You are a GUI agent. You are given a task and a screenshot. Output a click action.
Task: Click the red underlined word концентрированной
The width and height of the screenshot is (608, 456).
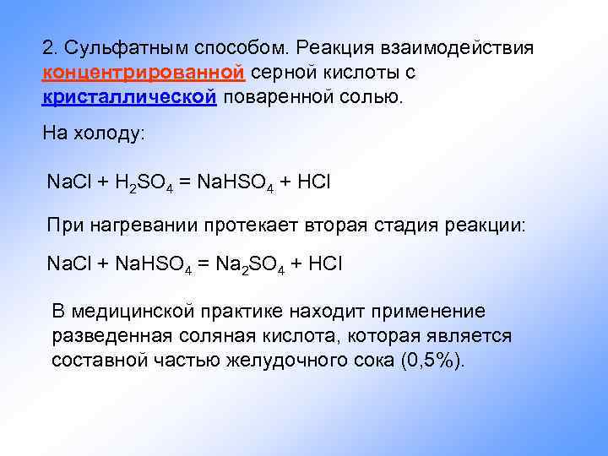144,72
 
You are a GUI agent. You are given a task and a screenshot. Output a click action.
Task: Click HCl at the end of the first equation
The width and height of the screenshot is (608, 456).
325,182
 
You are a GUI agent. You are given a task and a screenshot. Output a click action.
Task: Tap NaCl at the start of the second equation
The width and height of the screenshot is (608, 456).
69,264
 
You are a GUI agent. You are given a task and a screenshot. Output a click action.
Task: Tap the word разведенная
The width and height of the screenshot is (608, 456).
109,336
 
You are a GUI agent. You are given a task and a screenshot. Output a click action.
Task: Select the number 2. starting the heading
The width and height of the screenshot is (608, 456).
49,47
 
